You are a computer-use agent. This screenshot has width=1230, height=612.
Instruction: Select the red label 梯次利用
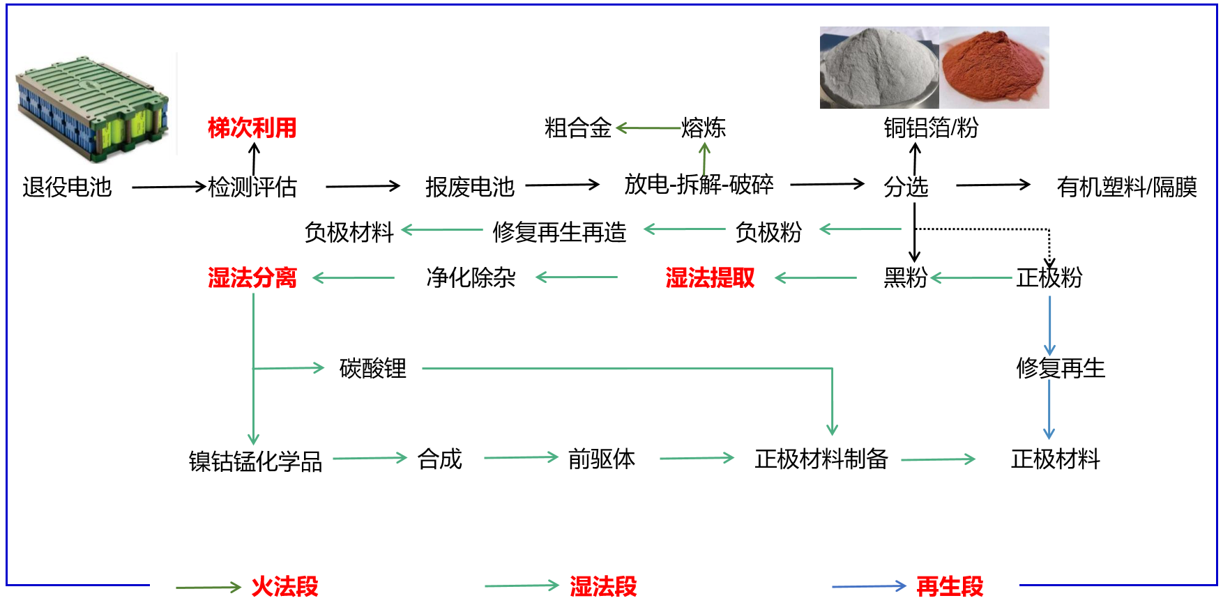(252, 128)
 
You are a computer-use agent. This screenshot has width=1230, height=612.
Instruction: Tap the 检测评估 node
(252, 187)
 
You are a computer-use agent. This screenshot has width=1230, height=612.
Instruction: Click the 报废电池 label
(469, 187)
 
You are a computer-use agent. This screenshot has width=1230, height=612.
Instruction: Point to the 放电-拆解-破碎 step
(699, 185)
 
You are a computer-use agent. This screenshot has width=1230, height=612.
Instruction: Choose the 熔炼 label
(704, 128)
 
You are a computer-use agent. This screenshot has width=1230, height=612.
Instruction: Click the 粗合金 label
(577, 128)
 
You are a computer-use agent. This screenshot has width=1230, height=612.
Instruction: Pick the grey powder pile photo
(879, 68)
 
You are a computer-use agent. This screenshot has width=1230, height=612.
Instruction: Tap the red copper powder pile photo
(994, 68)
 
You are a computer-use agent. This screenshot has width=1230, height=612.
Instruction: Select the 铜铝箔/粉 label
(931, 128)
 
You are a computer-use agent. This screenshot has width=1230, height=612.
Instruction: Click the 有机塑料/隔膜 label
(1127, 187)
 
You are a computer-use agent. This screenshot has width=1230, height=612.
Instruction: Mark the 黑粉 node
(905, 278)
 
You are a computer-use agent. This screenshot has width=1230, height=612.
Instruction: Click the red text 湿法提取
(710, 278)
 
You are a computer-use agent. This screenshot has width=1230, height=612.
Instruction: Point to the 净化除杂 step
(471, 278)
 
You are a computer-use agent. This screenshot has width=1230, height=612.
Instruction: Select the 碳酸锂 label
(372, 369)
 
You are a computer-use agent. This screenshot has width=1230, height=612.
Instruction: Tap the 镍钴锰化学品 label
(255, 461)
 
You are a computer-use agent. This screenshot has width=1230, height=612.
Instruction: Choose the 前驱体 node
(601, 459)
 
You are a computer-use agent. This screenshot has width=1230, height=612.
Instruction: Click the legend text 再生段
(950, 587)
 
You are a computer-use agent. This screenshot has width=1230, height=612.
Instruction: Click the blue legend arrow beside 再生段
(869, 587)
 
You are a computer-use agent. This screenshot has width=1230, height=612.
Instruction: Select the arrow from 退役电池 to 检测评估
(169, 187)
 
